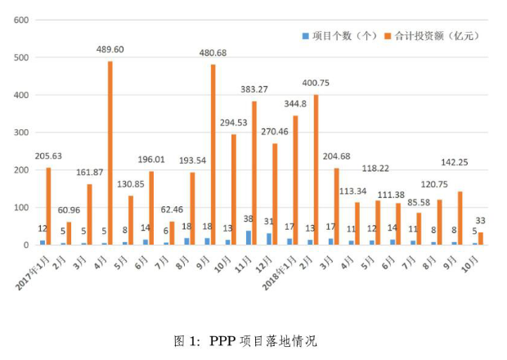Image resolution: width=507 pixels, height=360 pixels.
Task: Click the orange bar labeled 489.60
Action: coord(110,153)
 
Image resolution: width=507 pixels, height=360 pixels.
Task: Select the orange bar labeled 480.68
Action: coord(213,155)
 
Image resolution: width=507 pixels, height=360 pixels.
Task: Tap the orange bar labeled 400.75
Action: coord(316,169)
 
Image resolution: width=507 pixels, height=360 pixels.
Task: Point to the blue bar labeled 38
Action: coord(249,237)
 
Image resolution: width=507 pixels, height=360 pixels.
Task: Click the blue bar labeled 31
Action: coord(269,239)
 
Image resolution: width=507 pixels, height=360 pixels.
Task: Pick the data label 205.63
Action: coord(48,156)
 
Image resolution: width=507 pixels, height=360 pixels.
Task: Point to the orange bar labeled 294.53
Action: coord(234,189)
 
